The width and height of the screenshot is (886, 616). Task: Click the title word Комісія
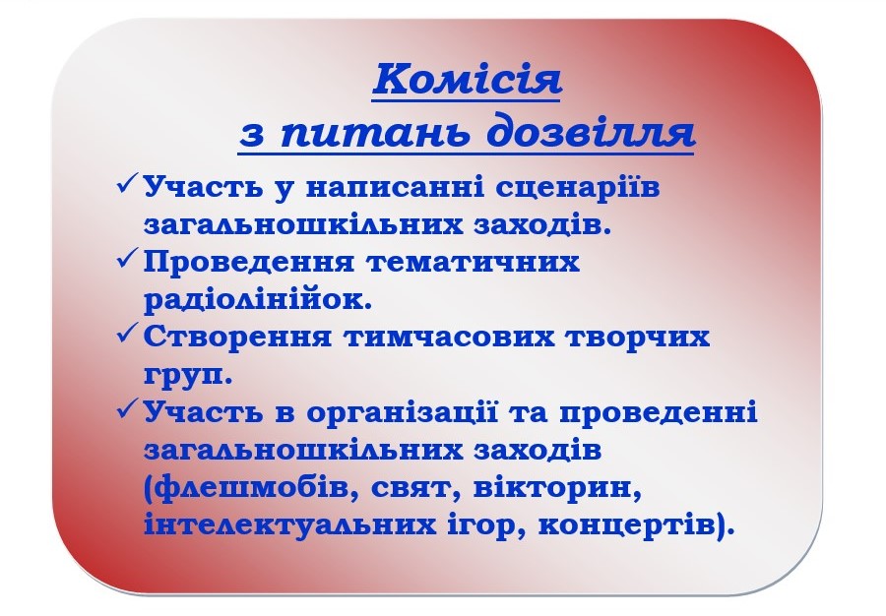coord(467,79)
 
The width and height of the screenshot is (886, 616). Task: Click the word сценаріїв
coord(578,188)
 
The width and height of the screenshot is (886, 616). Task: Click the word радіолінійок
coord(258,299)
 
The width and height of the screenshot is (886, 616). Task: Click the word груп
coord(188,376)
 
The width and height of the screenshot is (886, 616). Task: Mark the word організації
coord(402,412)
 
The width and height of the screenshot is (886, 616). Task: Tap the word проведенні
coord(659,412)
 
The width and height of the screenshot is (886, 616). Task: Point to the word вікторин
coord(556,488)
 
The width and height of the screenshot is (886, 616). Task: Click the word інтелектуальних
coord(289,525)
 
